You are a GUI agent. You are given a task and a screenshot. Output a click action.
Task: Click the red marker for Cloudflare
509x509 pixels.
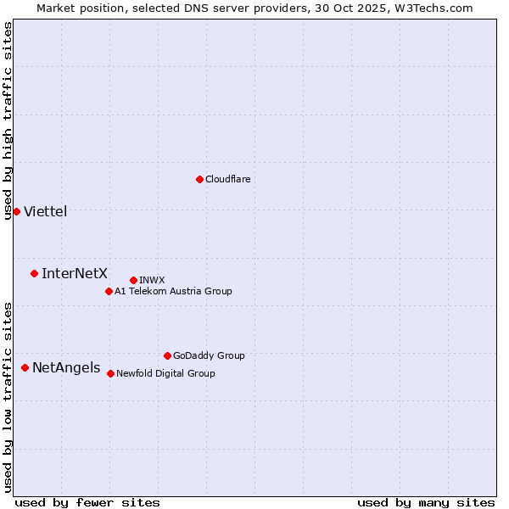point(199,179)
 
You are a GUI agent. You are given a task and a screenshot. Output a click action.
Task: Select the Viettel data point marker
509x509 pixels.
point(16,211)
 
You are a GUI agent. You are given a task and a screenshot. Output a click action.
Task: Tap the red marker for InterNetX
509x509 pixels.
point(34,273)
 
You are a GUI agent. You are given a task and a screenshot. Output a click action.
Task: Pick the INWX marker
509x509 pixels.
point(133,280)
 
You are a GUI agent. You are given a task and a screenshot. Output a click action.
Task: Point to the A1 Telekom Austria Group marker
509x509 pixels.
point(109,291)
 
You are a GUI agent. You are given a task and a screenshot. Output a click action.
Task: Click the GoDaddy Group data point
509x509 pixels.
point(167,355)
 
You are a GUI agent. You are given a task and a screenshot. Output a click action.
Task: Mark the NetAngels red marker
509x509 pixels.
point(25,367)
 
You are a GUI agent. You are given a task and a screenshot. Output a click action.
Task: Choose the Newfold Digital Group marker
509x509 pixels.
point(110,373)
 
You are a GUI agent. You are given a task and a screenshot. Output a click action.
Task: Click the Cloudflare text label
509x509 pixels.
point(228,179)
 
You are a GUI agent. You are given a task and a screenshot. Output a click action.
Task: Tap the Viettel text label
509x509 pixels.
point(46,211)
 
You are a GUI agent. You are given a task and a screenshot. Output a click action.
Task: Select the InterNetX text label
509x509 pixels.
point(75,273)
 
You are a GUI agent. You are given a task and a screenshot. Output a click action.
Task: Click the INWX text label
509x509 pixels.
point(152,280)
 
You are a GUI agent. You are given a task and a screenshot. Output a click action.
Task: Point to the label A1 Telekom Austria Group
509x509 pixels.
point(173,291)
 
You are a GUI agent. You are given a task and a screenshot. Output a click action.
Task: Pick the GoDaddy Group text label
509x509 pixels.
point(209,355)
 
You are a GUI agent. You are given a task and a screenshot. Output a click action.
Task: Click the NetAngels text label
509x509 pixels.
point(66,367)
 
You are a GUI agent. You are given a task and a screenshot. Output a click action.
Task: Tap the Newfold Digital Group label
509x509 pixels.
point(165,373)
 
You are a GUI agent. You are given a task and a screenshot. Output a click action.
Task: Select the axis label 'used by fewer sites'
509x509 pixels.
point(87,502)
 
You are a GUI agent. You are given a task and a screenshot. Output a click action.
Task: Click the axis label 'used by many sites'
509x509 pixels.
point(426,502)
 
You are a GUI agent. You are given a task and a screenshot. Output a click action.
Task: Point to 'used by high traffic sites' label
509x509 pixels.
point(8,120)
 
